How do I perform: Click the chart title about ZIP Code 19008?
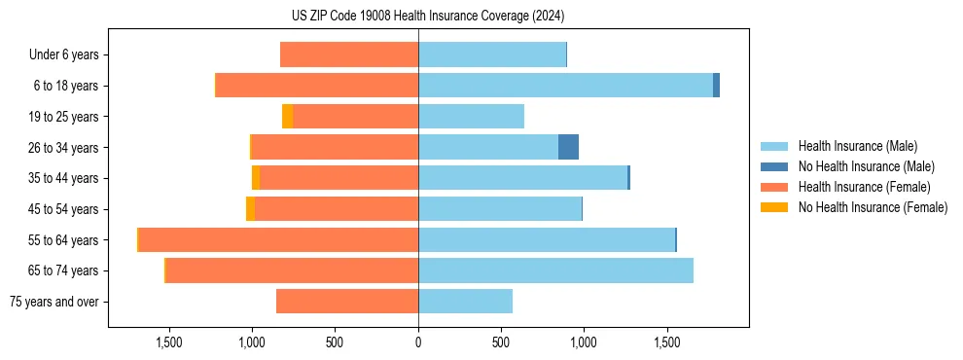(428, 17)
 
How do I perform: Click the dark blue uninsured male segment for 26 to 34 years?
(568, 147)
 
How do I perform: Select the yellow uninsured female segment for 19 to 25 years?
(287, 117)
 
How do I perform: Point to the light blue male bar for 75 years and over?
(465, 302)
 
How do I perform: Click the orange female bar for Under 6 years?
(349, 54)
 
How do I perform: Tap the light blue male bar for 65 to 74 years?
(555, 270)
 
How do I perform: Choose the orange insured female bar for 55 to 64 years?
(278, 239)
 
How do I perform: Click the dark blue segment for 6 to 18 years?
(716, 86)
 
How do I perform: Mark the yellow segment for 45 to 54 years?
(250, 209)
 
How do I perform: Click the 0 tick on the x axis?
(418, 342)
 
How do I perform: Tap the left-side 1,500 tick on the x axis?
(169, 342)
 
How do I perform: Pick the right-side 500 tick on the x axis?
(501, 342)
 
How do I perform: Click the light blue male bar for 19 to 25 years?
(471, 117)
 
